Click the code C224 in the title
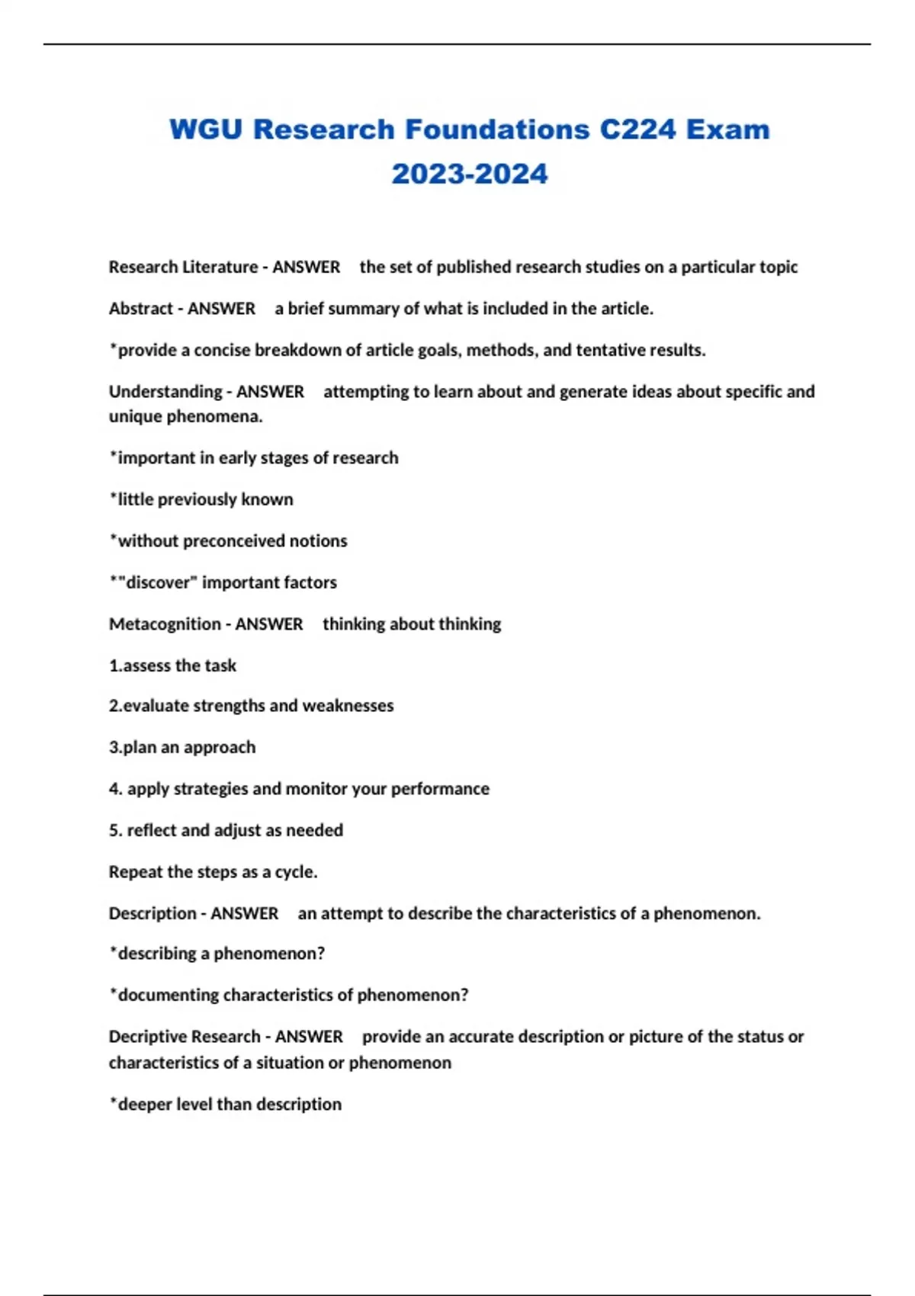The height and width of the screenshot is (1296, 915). (x=637, y=130)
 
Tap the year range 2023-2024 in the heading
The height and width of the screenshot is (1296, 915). (x=470, y=174)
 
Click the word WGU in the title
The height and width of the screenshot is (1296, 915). (x=205, y=130)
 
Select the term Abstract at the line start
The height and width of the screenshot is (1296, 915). (x=141, y=309)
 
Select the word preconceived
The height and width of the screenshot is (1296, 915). (x=233, y=541)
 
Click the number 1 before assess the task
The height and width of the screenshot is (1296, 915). (x=114, y=666)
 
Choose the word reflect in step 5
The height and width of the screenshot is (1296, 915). (x=151, y=830)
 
